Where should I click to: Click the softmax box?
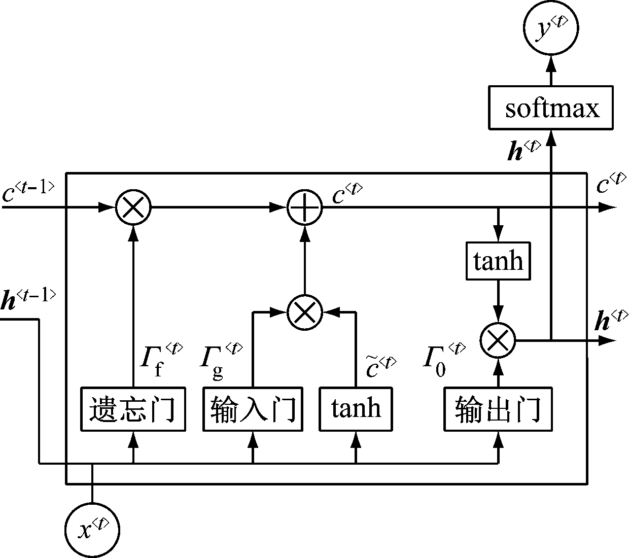[550, 108]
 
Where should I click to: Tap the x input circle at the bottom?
[92, 530]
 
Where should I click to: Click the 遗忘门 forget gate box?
[133, 409]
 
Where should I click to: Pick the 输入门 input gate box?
[253, 409]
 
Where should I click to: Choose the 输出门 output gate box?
[498, 409]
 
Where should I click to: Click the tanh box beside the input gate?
[356, 409]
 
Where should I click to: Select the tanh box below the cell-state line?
[498, 261]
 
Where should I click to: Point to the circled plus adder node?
[305, 207]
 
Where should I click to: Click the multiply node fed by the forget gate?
[133, 207]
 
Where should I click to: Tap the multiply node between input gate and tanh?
[305, 312]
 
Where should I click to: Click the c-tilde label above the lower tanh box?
[380, 366]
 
